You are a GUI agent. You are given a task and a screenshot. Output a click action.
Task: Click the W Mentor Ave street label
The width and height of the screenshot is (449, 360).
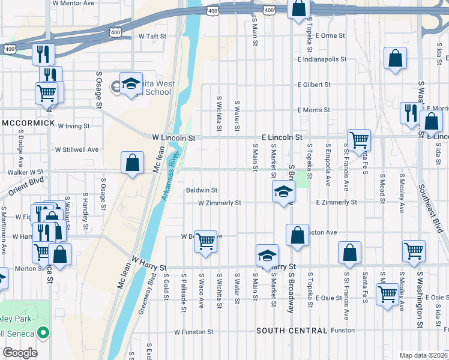(74, 3)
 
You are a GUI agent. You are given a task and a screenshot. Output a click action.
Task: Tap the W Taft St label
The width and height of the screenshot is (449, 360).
(152, 36)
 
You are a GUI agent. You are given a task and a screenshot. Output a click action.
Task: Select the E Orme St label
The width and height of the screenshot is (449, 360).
(330, 36)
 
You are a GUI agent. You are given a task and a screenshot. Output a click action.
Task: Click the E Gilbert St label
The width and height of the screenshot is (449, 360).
(315, 85)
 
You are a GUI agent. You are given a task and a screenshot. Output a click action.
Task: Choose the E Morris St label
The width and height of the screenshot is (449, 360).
(314, 110)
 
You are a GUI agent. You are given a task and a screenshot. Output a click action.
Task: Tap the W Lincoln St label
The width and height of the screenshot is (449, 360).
(173, 137)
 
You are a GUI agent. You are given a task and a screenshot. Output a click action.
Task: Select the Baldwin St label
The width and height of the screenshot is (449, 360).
(201, 190)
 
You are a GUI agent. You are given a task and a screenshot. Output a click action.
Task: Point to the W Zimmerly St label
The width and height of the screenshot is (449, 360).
(220, 203)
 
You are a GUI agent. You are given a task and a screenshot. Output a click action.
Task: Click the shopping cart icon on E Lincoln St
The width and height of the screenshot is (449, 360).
(359, 140)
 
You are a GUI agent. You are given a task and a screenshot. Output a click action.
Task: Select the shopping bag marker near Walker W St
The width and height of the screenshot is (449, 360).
(132, 163)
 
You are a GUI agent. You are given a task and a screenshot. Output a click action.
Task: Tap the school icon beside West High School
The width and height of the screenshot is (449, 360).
(130, 85)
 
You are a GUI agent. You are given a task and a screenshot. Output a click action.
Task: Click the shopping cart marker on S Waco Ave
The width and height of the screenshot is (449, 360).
(205, 241)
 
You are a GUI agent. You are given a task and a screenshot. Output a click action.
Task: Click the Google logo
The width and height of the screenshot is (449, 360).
(20, 352)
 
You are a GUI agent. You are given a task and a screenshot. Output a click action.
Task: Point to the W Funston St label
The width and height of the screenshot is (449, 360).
(194, 332)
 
